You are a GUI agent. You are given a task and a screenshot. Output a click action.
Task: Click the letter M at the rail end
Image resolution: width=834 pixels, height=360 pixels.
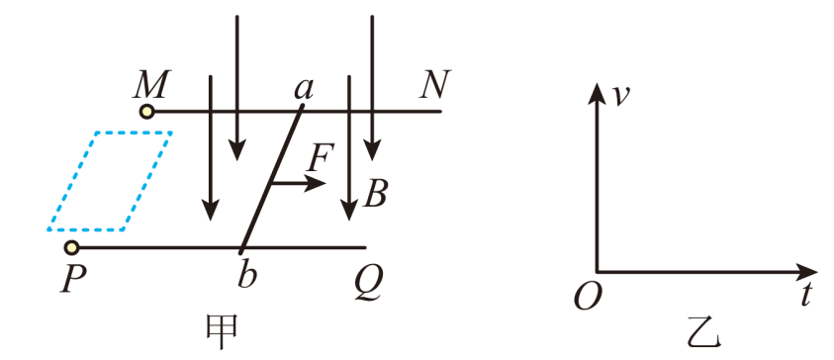pyautogui.click(x=149, y=84)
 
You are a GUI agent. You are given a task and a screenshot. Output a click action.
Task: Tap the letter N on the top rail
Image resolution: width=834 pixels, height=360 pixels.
pyautogui.click(x=434, y=84)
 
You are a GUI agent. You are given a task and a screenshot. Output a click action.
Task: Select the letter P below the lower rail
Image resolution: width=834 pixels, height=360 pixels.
pyautogui.click(x=71, y=280)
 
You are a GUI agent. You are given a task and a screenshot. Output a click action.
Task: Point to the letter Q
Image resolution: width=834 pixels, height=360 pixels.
pyautogui.click(x=369, y=282)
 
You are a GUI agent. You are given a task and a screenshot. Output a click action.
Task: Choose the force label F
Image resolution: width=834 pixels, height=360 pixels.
pyautogui.click(x=320, y=158)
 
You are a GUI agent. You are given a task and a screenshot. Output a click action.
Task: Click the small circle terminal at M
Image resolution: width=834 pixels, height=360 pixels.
pyautogui.click(x=146, y=112)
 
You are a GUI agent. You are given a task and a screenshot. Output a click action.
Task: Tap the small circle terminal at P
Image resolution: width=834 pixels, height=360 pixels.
pyautogui.click(x=71, y=247)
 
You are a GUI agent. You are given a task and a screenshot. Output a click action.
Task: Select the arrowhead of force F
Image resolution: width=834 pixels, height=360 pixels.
pyautogui.click(x=317, y=183)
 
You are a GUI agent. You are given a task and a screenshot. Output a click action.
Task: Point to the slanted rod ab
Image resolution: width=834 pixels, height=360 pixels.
pyautogui.click(x=272, y=179)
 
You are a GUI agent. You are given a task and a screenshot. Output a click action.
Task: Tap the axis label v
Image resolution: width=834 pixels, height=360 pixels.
pyautogui.click(x=618, y=97)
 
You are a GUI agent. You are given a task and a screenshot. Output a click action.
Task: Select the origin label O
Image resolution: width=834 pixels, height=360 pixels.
pyautogui.click(x=588, y=297)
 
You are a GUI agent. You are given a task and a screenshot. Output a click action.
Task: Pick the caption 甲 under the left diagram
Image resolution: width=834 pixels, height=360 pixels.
pyautogui.click(x=222, y=333)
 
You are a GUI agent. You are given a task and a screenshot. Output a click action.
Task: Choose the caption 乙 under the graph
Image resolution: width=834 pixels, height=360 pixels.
pyautogui.click(x=703, y=333)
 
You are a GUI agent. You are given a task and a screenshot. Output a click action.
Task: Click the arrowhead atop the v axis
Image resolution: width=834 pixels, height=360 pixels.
pyautogui.click(x=598, y=93)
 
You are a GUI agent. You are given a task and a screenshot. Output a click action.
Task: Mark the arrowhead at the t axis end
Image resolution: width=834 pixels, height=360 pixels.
pyautogui.click(x=804, y=272)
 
